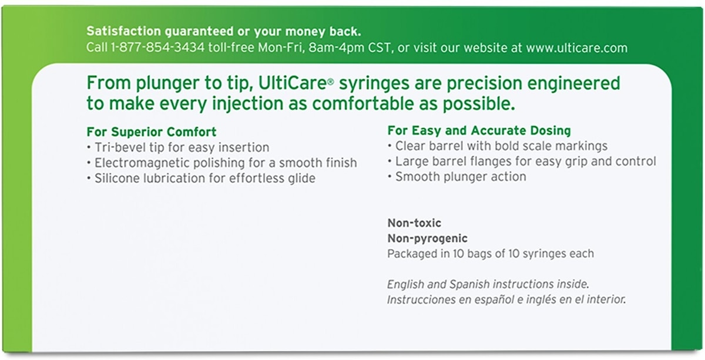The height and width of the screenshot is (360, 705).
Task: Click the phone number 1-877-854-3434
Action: (157, 48)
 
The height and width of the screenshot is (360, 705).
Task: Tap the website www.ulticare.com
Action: (576, 48)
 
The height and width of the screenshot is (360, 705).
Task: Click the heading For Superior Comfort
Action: (152, 132)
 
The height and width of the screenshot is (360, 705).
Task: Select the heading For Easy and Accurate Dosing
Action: (479, 130)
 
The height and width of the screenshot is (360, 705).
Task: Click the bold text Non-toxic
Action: (414, 223)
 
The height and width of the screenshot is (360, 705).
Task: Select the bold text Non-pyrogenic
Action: (428, 239)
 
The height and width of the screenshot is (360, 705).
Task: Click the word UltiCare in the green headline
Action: (293, 83)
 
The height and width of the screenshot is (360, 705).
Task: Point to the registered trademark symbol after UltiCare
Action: (330, 82)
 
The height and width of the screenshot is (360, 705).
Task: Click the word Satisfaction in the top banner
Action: (124, 31)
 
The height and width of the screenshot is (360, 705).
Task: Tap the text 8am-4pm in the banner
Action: (337, 48)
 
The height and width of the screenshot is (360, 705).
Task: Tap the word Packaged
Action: (412, 254)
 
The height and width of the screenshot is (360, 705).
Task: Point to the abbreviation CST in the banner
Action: (381, 48)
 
